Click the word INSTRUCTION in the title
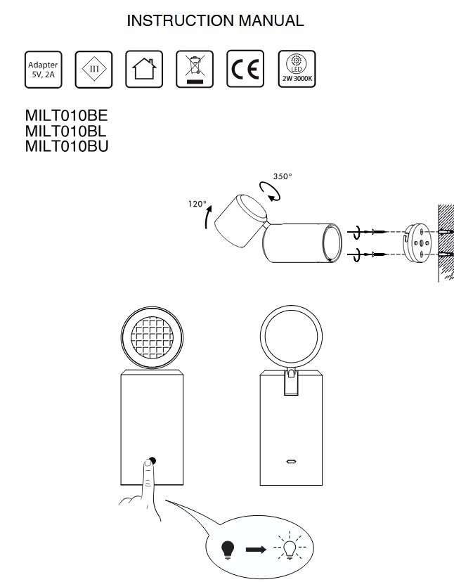tap(181, 21)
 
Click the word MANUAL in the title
tap(271, 21)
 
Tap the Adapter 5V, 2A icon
tap(43, 70)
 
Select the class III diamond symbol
tap(93, 70)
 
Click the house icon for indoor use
tap(144, 70)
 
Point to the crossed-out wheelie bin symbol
tap(195, 70)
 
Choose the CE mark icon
tap(245, 70)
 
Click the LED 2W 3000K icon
tap(297, 70)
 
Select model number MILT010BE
tap(67, 115)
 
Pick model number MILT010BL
tap(65, 131)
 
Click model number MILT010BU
tap(67, 146)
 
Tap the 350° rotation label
tap(283, 176)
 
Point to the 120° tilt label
tap(197, 204)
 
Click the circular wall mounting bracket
tap(417, 243)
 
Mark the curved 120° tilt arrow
tap(207, 216)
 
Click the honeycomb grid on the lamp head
tap(153, 337)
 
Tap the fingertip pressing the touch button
tap(148, 463)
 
